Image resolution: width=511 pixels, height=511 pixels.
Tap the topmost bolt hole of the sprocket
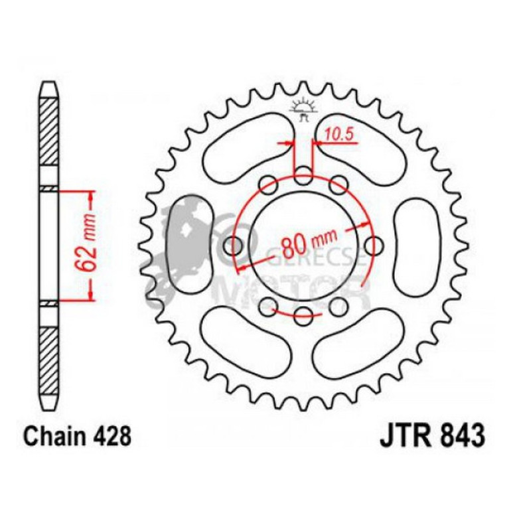pos(303,177)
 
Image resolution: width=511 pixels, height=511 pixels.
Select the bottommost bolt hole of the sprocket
pos(303,314)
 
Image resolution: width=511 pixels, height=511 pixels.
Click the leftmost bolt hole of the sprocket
pos(234,246)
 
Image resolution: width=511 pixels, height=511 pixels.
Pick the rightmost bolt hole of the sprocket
pos(373,246)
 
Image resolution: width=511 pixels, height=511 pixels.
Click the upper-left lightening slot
pos(246,153)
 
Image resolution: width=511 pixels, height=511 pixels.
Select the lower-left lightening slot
pos(246,338)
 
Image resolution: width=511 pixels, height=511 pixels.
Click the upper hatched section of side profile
pos(49,129)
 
